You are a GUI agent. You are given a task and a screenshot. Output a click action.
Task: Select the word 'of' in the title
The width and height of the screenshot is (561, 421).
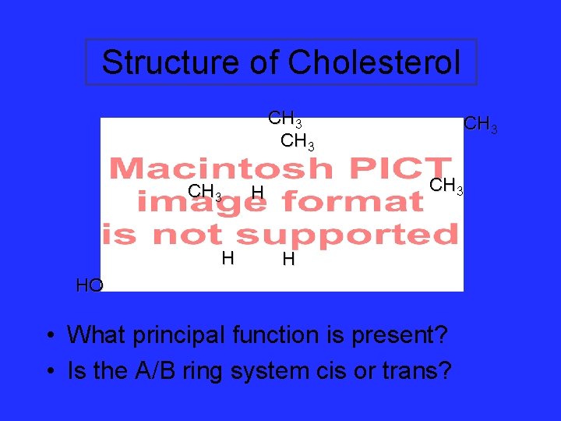point(262,62)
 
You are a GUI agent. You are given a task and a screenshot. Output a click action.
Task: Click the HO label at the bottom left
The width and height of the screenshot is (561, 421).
point(90,285)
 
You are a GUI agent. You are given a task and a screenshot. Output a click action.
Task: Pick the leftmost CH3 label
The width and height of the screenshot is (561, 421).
point(205,192)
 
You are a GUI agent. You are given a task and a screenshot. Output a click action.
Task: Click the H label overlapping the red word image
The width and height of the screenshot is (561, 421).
point(258,193)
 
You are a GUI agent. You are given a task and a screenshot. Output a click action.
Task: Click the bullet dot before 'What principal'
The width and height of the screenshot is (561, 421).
point(50,336)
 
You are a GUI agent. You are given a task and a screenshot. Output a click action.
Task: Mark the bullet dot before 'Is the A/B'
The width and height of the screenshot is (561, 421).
point(50,371)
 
